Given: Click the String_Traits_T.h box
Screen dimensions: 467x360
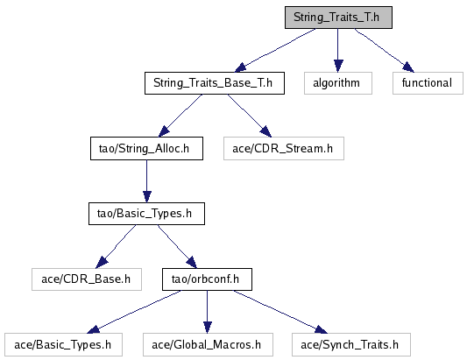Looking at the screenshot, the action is coord(338,18).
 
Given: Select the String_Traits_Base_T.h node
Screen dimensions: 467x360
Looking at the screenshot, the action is coord(215,83).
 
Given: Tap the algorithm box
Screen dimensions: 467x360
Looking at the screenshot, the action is coord(338,83).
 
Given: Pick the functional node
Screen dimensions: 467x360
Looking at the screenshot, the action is coord(428,83).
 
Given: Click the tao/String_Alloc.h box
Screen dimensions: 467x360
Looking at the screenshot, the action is coord(146,148).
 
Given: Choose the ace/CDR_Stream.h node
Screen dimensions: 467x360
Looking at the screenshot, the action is coord(284,148).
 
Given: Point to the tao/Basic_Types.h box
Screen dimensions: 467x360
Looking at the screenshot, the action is coord(146,214).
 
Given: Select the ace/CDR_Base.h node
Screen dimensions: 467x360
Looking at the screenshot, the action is coord(87,279).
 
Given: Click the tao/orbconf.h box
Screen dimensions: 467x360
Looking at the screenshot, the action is coord(207,279).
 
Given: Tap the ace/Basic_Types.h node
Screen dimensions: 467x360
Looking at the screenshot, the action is coord(63,344).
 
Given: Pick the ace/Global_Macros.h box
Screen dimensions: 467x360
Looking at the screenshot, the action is coord(208,344).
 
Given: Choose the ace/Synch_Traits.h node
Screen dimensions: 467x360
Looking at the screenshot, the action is coord(351,344).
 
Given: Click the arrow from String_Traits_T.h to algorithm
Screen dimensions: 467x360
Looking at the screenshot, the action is coord(337,50).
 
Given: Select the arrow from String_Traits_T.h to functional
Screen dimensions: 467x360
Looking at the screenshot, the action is coord(385,50).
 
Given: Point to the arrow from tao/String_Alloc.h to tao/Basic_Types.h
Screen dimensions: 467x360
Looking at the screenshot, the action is coord(146,181).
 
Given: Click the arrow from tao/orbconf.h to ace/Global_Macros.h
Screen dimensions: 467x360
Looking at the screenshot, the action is coord(208,312).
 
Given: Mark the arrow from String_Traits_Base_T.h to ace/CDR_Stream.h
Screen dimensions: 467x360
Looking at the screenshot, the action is coord(250,116).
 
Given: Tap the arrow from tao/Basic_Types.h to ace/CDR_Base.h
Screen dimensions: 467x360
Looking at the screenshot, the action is coord(116,246).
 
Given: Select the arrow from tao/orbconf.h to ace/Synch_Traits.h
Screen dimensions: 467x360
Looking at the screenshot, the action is coord(280,312).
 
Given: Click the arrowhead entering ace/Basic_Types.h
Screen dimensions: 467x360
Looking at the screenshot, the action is coord(93,329).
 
